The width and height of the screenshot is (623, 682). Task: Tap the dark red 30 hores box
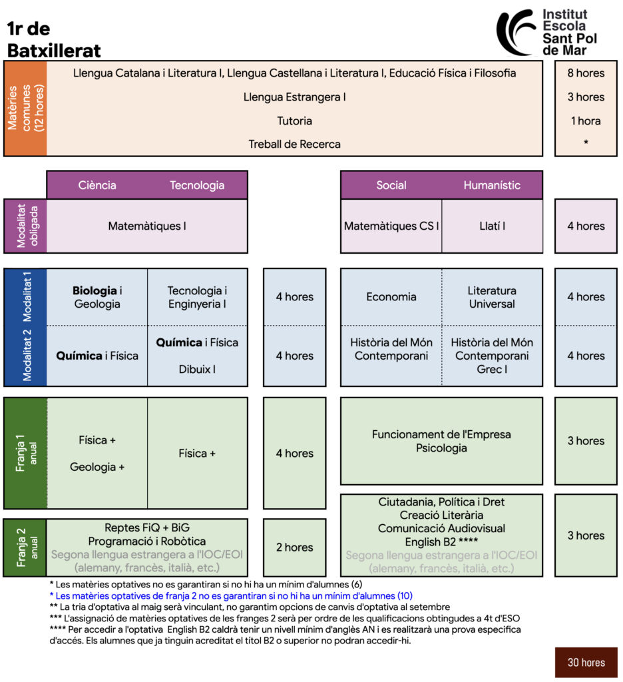586,663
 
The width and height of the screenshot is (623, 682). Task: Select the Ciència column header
97,185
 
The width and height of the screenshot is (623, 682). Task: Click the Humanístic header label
492,185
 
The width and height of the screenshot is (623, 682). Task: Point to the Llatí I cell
492,226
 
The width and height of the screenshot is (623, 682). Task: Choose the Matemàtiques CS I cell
391,226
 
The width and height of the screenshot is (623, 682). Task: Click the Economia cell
391,296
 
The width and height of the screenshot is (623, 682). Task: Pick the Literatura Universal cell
492,296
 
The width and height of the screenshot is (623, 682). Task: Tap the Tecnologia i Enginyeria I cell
198,296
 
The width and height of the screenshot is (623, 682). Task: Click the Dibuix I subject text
197,369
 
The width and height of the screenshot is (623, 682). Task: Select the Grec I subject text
492,369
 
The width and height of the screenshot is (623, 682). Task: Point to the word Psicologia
441,448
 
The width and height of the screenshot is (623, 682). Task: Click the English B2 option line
441,541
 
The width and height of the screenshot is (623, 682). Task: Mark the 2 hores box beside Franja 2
294,547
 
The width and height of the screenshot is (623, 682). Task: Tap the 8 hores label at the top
586,73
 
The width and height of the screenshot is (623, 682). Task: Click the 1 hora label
586,121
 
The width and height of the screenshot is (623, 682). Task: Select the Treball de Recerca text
294,145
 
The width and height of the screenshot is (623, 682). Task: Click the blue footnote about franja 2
231,596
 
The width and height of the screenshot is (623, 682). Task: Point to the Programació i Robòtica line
147,541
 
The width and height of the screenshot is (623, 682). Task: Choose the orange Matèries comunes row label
25,109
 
